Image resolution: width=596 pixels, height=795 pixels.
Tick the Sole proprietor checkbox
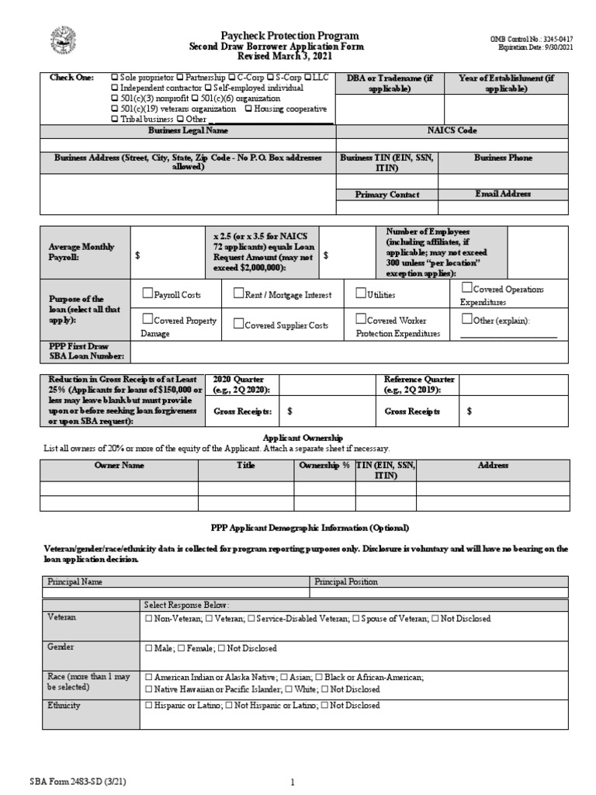[115, 78]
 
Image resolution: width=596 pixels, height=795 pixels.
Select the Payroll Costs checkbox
[148, 294]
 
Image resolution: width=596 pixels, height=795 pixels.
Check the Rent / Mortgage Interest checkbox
[239, 294]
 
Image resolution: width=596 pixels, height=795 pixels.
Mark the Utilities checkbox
[361, 294]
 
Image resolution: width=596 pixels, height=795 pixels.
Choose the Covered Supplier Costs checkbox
[239, 325]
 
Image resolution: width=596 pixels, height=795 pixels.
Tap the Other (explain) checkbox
[466, 319]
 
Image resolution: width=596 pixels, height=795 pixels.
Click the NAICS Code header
[452, 131]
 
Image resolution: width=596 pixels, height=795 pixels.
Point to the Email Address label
[503, 194]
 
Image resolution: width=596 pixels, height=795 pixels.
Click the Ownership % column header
[324, 465]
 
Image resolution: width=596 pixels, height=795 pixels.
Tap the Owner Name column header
[119, 465]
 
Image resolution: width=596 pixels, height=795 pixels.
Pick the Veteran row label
[61, 617]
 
